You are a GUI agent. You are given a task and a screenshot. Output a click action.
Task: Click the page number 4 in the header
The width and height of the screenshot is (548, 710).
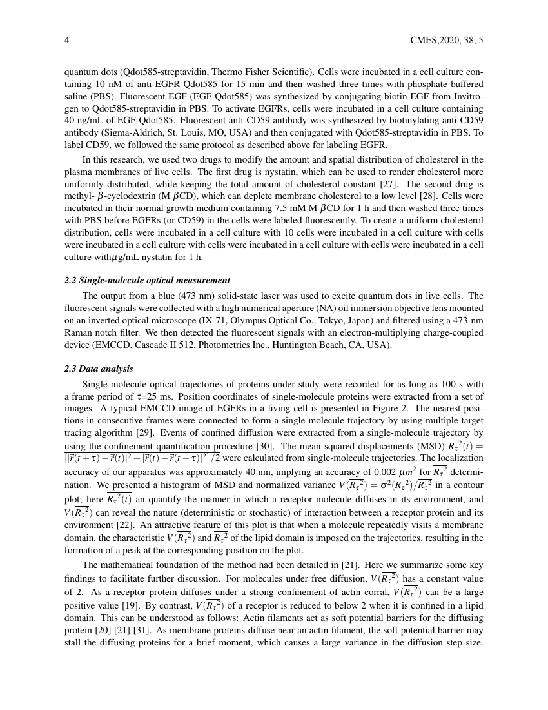(67, 40)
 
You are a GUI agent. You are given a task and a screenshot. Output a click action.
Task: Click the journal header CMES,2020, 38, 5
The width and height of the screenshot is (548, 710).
(446, 40)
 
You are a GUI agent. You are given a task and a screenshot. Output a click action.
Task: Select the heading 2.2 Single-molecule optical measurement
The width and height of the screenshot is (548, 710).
(147, 281)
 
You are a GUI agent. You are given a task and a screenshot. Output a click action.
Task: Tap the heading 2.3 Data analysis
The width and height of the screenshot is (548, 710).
(99, 369)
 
